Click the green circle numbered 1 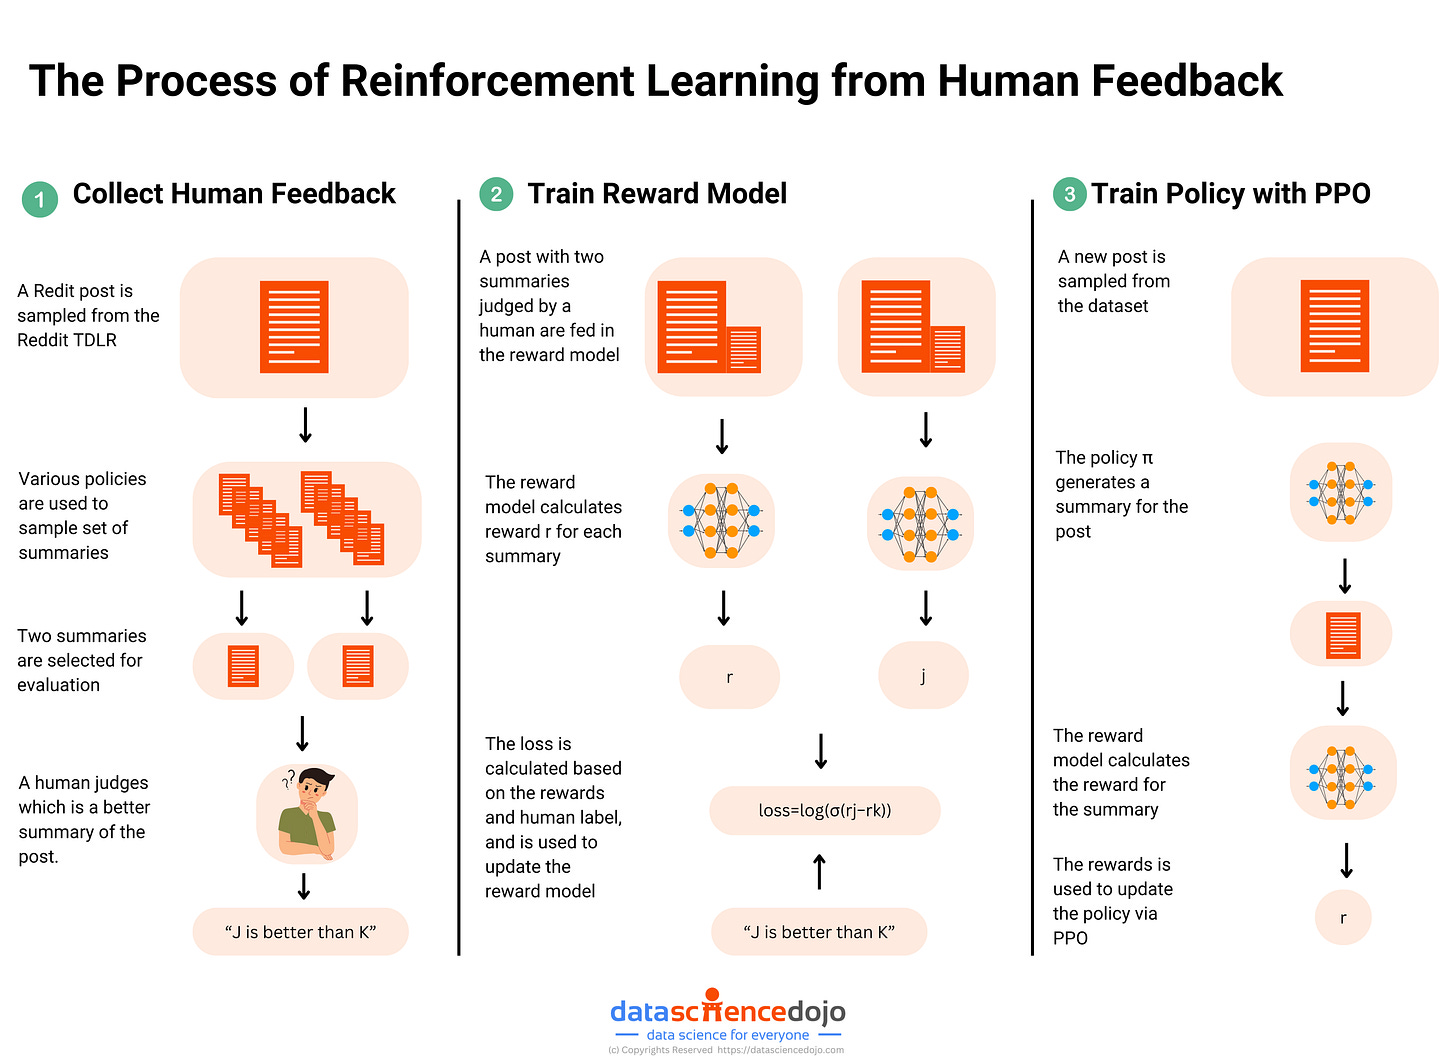point(40,199)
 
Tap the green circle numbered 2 point(496,194)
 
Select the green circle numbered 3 point(1069,194)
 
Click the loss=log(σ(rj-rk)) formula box point(824,810)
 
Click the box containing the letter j point(922,676)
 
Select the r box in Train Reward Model point(729,677)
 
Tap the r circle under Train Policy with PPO point(1342,917)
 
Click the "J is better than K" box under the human point(300,932)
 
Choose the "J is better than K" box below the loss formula point(819,932)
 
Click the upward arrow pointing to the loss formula point(820,871)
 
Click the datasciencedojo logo point(727,1012)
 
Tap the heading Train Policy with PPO point(1230,194)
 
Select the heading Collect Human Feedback point(234,194)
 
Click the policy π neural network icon point(1340,492)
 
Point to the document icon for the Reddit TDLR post point(294,327)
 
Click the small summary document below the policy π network point(1342,634)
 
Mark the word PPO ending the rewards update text point(1070,938)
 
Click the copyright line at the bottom point(726,1050)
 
